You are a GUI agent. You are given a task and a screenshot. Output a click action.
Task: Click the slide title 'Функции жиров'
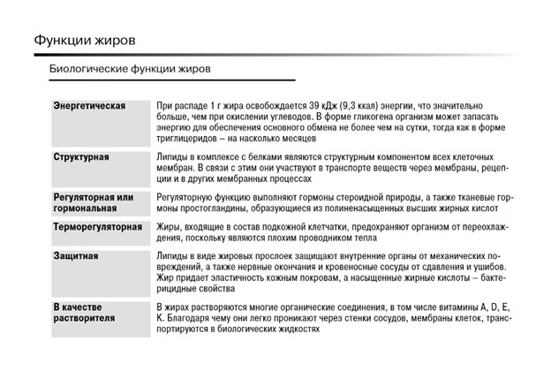[85, 40]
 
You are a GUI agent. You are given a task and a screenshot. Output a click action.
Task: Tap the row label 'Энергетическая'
[89, 106]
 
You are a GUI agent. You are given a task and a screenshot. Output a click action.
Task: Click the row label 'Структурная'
[81, 156]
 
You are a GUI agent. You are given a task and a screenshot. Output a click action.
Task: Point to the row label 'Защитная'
[75, 257]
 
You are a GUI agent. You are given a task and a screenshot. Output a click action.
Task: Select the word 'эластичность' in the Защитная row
[226, 278]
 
